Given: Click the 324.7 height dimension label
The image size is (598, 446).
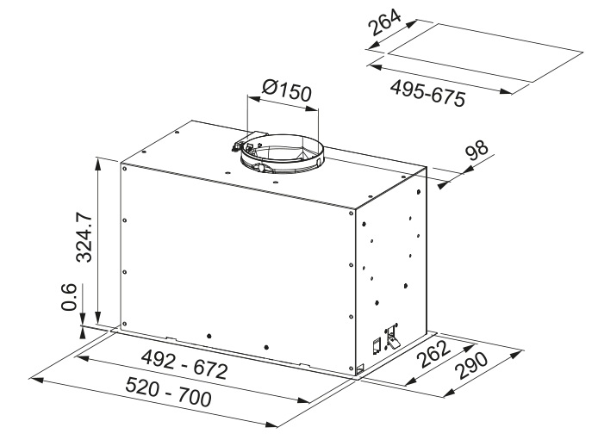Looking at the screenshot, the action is (84, 238).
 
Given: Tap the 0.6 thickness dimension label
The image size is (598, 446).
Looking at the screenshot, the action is (69, 297).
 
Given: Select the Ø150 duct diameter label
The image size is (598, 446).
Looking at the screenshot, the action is (287, 90).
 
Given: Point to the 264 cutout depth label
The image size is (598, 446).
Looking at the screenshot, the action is (385, 22).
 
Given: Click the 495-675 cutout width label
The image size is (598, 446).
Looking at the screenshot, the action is (428, 93).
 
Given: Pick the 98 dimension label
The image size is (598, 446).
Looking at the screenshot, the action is (477, 151).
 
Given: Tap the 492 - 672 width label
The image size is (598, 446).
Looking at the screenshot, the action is (184, 365).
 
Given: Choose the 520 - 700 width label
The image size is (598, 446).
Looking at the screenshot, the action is (168, 393).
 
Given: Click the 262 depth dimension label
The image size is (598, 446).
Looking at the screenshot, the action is (433, 354).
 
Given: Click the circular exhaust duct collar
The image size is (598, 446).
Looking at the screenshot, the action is (283, 153).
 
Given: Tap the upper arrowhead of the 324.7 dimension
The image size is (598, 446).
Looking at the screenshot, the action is (98, 164).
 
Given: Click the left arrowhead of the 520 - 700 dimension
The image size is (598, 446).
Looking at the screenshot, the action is (35, 380).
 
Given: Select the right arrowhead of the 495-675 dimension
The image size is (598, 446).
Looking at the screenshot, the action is (506, 91).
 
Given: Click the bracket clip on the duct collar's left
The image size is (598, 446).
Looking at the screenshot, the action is (240, 145).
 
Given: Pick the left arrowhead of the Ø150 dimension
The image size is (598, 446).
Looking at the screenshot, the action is (254, 98).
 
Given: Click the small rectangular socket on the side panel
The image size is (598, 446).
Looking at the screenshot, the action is (377, 345).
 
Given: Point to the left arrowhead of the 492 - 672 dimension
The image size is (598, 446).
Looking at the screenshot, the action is (83, 358).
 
